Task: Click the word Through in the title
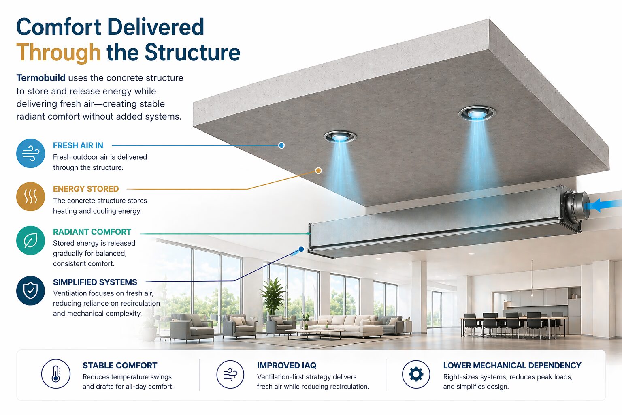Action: tap(58, 53)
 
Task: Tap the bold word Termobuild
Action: tap(41, 78)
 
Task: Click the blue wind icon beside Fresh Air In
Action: tap(30, 153)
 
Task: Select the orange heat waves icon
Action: tap(30, 197)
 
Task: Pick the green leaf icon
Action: tap(30, 240)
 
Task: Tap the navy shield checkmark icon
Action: tap(30, 291)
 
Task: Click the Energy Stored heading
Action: tap(86, 189)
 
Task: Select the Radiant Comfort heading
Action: tap(92, 232)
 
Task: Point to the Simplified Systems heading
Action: tap(95, 282)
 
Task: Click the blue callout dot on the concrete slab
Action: tap(281, 145)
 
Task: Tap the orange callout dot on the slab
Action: tap(319, 170)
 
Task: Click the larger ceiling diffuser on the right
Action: tap(477, 113)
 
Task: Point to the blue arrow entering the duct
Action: tap(603, 206)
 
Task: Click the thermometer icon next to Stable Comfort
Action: tap(56, 374)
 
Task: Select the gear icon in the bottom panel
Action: tap(416, 374)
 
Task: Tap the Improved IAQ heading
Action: tap(287, 365)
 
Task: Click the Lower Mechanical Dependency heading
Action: tap(512, 365)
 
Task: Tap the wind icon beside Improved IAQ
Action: tap(230, 374)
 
